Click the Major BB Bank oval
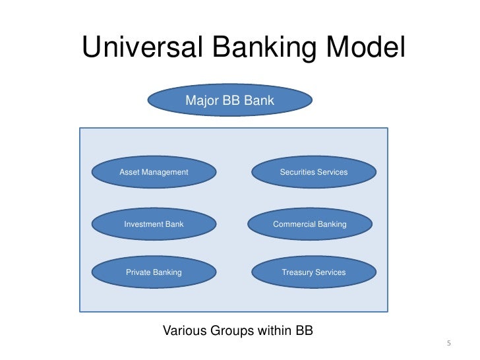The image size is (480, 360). pos(229,101)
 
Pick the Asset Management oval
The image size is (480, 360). pos(154,172)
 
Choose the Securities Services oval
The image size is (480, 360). pos(313,172)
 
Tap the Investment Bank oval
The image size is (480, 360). pos(154,224)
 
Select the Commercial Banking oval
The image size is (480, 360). pos(310,224)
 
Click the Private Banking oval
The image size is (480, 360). pos(154,272)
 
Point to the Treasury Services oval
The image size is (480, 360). pos(313,272)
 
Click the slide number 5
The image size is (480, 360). pos(448,344)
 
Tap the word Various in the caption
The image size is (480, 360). pos(184,330)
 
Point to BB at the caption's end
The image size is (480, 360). pos(305,330)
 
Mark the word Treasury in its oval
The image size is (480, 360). pos(297,272)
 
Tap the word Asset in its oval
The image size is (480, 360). pos(129,172)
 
